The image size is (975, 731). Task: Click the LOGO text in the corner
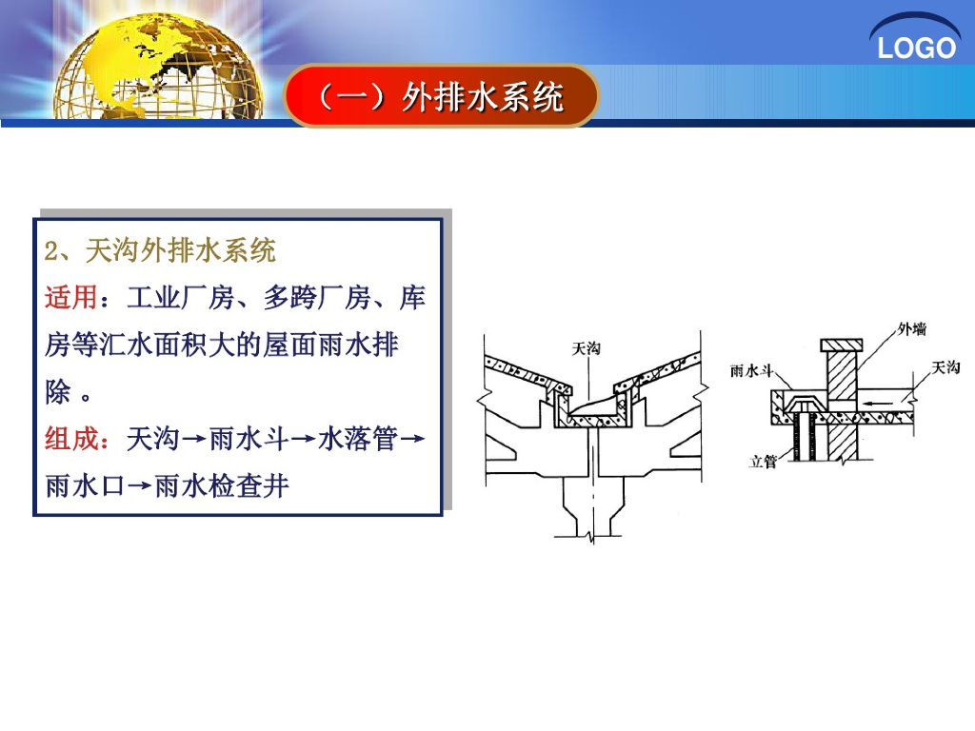click(x=916, y=48)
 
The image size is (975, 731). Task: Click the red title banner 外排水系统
click(x=440, y=96)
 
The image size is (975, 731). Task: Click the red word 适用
click(x=70, y=298)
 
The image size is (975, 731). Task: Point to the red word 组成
click(x=70, y=439)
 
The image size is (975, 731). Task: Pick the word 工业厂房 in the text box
click(x=181, y=298)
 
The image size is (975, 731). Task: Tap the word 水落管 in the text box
click(x=357, y=439)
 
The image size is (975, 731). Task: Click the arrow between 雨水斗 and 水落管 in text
click(x=303, y=440)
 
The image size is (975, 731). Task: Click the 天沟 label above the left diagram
click(x=586, y=349)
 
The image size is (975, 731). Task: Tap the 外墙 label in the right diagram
click(x=911, y=330)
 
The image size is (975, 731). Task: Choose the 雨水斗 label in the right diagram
click(x=749, y=370)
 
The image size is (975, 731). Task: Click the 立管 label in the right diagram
click(x=764, y=462)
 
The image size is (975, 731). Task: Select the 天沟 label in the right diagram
click(x=945, y=366)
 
